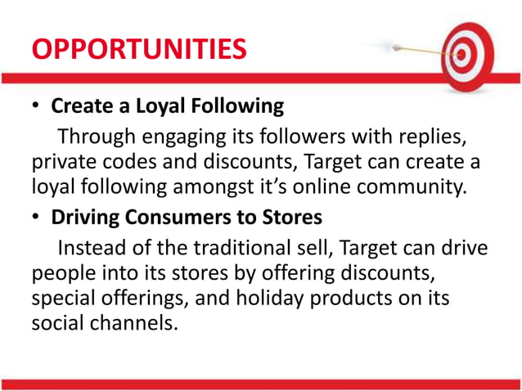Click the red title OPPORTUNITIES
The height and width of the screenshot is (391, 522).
[138, 48]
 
